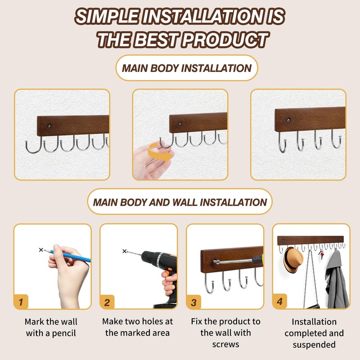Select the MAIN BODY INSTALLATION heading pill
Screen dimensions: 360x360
[x=186, y=68]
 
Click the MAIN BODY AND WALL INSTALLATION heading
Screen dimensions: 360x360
[x=180, y=202]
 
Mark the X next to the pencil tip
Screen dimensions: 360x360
[x=41, y=249]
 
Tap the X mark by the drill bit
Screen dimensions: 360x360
[x=125, y=251]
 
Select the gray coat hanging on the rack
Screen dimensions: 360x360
[x=338, y=279]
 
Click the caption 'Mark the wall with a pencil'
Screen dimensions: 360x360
[x=51, y=327]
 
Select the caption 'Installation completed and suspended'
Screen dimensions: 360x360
[x=314, y=333]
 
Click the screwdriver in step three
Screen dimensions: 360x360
[x=234, y=260]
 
